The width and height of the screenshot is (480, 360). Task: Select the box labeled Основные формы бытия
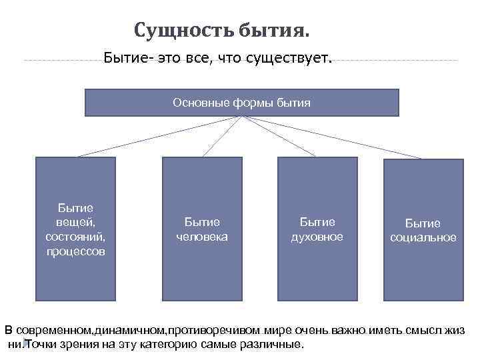241,103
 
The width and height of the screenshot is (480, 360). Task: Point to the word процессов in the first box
75,251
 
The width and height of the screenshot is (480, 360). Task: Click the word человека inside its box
201,237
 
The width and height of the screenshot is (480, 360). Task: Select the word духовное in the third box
317,237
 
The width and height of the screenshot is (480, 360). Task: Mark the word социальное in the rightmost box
423,238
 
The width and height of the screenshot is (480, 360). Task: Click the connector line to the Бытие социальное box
333,137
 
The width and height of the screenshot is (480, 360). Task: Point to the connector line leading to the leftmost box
160,137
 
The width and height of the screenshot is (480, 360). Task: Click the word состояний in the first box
75,237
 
